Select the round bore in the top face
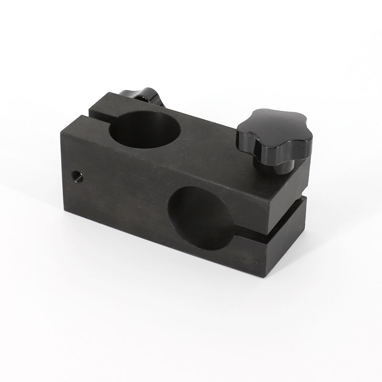coord(145,129)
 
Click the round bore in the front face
coord(201,217)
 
